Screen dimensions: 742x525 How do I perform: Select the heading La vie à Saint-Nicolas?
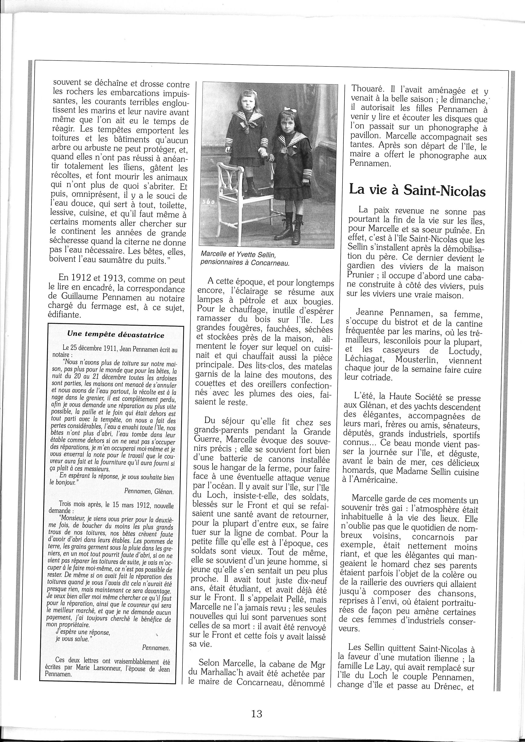coord(417,190)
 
